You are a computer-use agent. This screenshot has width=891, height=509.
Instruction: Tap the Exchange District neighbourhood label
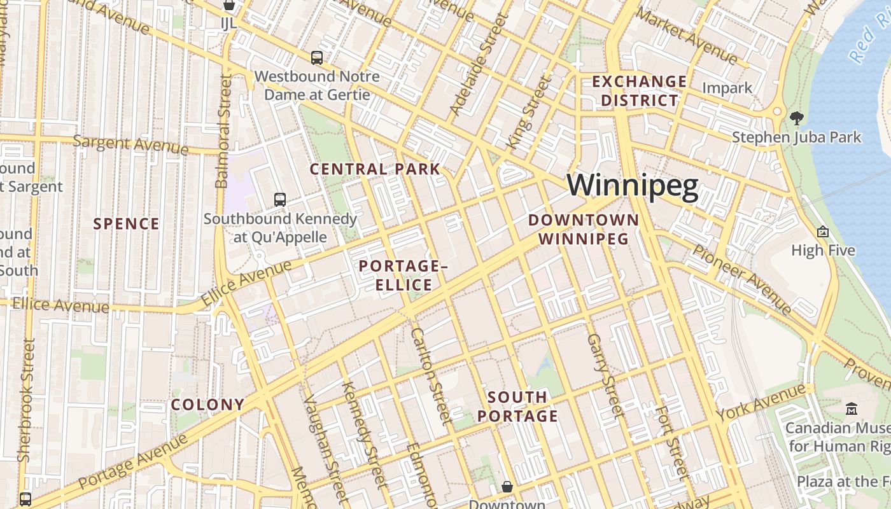point(640,91)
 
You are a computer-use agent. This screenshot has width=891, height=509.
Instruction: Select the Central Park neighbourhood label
point(375,169)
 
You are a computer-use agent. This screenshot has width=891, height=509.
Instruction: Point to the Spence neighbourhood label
point(126,224)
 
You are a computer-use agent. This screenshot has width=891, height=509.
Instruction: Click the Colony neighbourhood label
point(207,405)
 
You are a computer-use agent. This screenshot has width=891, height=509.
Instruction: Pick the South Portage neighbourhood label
point(517,407)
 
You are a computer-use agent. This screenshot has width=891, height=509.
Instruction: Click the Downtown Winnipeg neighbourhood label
point(584,230)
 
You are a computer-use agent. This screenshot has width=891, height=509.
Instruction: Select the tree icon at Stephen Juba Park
point(796,118)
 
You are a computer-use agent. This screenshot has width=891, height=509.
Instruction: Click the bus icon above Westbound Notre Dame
point(317,58)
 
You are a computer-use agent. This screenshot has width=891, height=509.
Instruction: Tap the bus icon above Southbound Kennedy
point(280,199)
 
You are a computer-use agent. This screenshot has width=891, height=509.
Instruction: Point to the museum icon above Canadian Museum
point(852,408)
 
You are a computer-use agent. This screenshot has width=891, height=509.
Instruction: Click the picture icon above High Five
point(823,232)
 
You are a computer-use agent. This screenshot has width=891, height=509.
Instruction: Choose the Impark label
point(727,88)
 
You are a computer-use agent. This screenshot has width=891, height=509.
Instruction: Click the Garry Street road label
point(605,375)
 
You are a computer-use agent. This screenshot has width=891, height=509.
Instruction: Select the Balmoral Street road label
point(223,131)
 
